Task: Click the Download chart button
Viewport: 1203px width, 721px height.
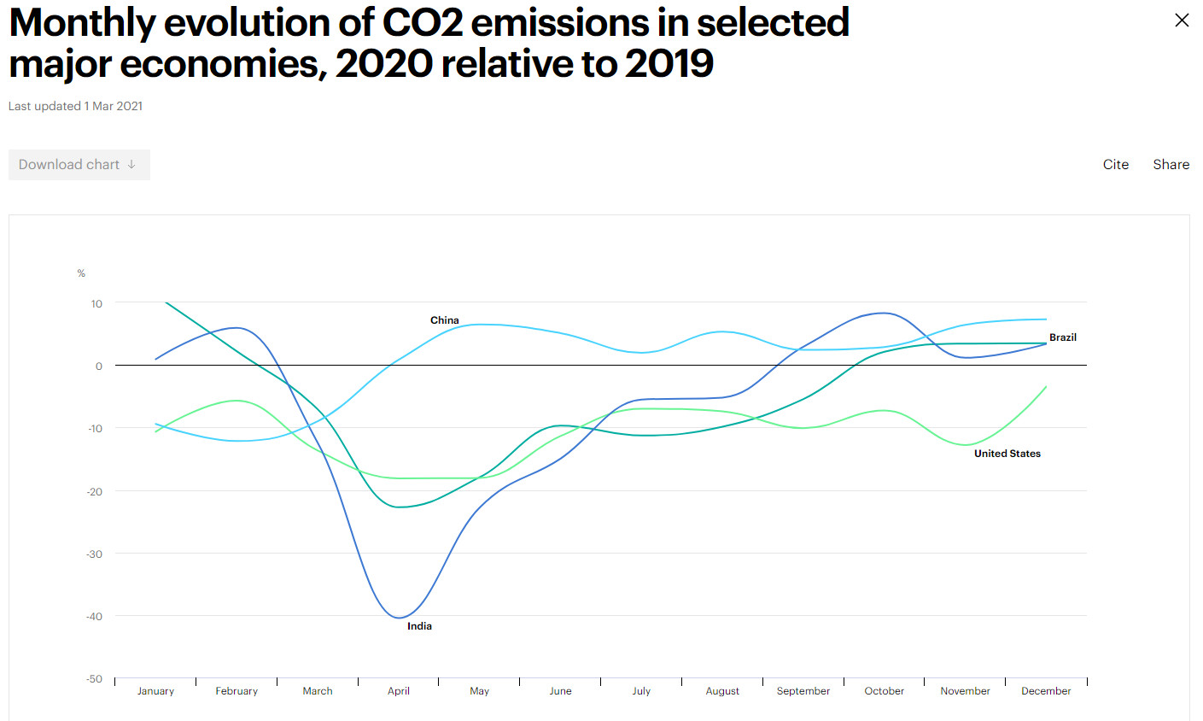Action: click(x=79, y=165)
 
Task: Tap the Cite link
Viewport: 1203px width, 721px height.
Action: click(x=1115, y=165)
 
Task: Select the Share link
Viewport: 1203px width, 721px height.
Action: click(x=1171, y=165)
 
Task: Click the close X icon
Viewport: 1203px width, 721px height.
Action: click(x=1182, y=21)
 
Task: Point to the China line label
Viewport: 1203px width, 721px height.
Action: click(x=444, y=320)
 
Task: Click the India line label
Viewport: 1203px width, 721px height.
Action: click(x=419, y=626)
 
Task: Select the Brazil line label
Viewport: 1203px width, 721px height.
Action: click(x=1062, y=337)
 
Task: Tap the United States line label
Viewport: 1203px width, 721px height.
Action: click(x=1007, y=454)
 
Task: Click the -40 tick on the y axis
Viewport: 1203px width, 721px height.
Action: click(x=94, y=617)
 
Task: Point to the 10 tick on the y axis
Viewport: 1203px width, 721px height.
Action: click(x=96, y=304)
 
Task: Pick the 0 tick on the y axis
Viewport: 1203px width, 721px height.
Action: click(x=98, y=366)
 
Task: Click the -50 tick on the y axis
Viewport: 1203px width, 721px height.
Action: click(x=94, y=679)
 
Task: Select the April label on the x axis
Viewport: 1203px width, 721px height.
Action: click(x=398, y=691)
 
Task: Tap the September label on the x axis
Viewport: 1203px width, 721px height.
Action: click(x=803, y=691)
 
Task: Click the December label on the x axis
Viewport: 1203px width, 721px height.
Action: click(x=1045, y=691)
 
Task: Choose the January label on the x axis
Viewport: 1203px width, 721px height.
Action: click(x=155, y=691)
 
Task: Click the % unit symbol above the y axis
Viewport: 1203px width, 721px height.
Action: click(x=81, y=273)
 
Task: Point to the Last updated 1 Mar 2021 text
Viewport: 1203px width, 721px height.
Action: click(x=75, y=106)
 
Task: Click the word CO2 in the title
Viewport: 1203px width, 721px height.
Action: click(x=423, y=23)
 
